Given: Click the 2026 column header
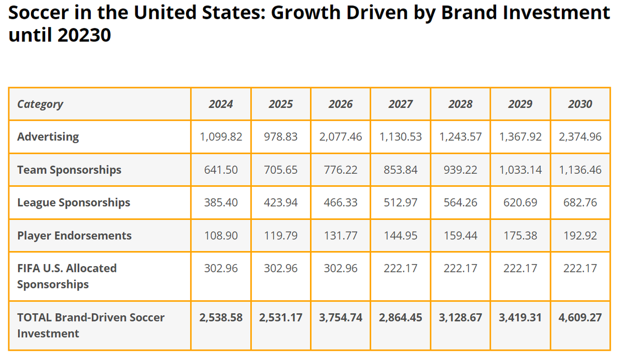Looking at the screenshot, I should pyautogui.click(x=341, y=104).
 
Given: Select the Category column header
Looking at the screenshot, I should pyautogui.click(x=40, y=104).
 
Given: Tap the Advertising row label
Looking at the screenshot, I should pyautogui.click(x=48, y=137).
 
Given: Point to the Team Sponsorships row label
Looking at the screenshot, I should pyautogui.click(x=69, y=170).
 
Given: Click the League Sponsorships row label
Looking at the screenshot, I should pyautogui.click(x=74, y=203).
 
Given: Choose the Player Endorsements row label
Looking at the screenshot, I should pyautogui.click(x=74, y=236).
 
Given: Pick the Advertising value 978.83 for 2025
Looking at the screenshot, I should pyautogui.click(x=280, y=137).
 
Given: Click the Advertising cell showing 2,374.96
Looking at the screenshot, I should pyautogui.click(x=580, y=137).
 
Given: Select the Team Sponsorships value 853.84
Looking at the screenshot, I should pyautogui.click(x=401, y=170).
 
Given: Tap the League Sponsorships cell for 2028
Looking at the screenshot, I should pyautogui.click(x=460, y=203).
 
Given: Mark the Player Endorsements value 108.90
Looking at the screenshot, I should pyautogui.click(x=221, y=236).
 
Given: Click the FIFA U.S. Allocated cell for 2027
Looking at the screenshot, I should pyautogui.click(x=401, y=268).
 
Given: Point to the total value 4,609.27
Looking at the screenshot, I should pyautogui.click(x=580, y=317).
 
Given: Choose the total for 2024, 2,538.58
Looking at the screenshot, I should pyautogui.click(x=221, y=317).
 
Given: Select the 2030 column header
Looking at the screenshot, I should pyautogui.click(x=580, y=104).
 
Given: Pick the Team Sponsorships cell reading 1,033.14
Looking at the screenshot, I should pyautogui.click(x=520, y=170).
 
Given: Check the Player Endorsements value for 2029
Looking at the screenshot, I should pyautogui.click(x=520, y=236).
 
